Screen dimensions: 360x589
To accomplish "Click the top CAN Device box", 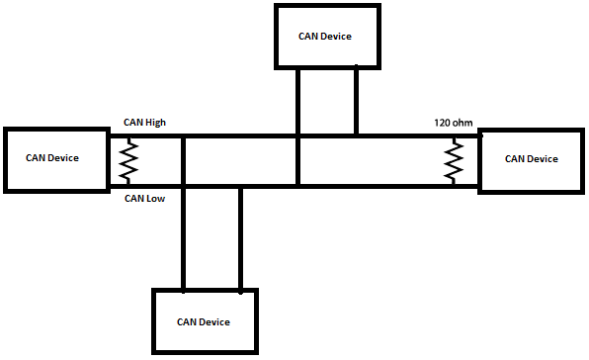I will coord(324,37).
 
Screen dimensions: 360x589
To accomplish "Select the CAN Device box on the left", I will coord(54,158).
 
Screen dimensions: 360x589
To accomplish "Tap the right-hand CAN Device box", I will coord(532,159).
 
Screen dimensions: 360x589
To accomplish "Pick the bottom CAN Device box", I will coord(204,321).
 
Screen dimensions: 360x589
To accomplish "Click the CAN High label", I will coord(144,123).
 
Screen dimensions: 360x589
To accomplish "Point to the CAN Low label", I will coord(143,198).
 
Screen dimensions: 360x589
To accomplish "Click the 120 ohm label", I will coord(454,123).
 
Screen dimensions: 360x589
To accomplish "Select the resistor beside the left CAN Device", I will coord(126,160).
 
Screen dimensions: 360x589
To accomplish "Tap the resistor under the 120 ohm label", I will coord(455,160).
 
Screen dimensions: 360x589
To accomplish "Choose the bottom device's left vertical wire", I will coord(183,237).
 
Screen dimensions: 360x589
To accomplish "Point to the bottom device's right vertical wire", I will coord(240,237).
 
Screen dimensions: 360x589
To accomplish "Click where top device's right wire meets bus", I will coord(356,135).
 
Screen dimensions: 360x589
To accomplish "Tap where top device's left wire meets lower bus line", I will coord(297,185).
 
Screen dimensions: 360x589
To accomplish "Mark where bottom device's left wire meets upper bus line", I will coord(183,135).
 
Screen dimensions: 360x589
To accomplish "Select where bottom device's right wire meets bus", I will coord(240,185).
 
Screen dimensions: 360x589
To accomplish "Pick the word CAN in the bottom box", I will coord(187,321).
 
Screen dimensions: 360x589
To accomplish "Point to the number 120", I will coord(443,123).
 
